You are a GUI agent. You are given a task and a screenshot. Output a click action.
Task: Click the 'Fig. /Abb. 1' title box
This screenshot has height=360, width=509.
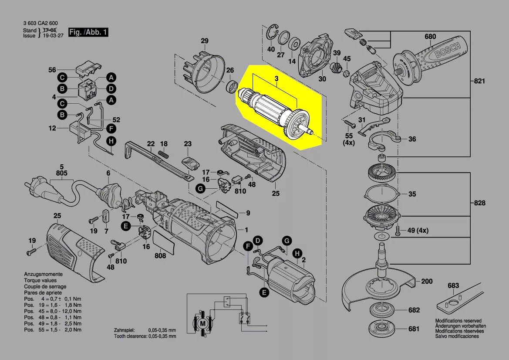click(89, 33)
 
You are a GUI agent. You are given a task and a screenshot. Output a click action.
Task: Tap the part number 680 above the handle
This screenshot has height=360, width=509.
click(430, 37)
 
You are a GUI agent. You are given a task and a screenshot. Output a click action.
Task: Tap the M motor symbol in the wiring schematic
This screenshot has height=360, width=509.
click(202, 323)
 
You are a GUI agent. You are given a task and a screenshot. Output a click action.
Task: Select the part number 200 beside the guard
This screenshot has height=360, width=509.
click(427, 282)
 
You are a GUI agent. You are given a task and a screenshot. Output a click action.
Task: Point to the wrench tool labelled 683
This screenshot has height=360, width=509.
click(459, 300)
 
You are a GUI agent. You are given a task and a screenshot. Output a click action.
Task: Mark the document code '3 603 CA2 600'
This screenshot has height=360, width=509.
click(40, 23)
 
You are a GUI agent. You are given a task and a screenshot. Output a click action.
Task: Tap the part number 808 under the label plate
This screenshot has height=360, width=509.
click(160, 256)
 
